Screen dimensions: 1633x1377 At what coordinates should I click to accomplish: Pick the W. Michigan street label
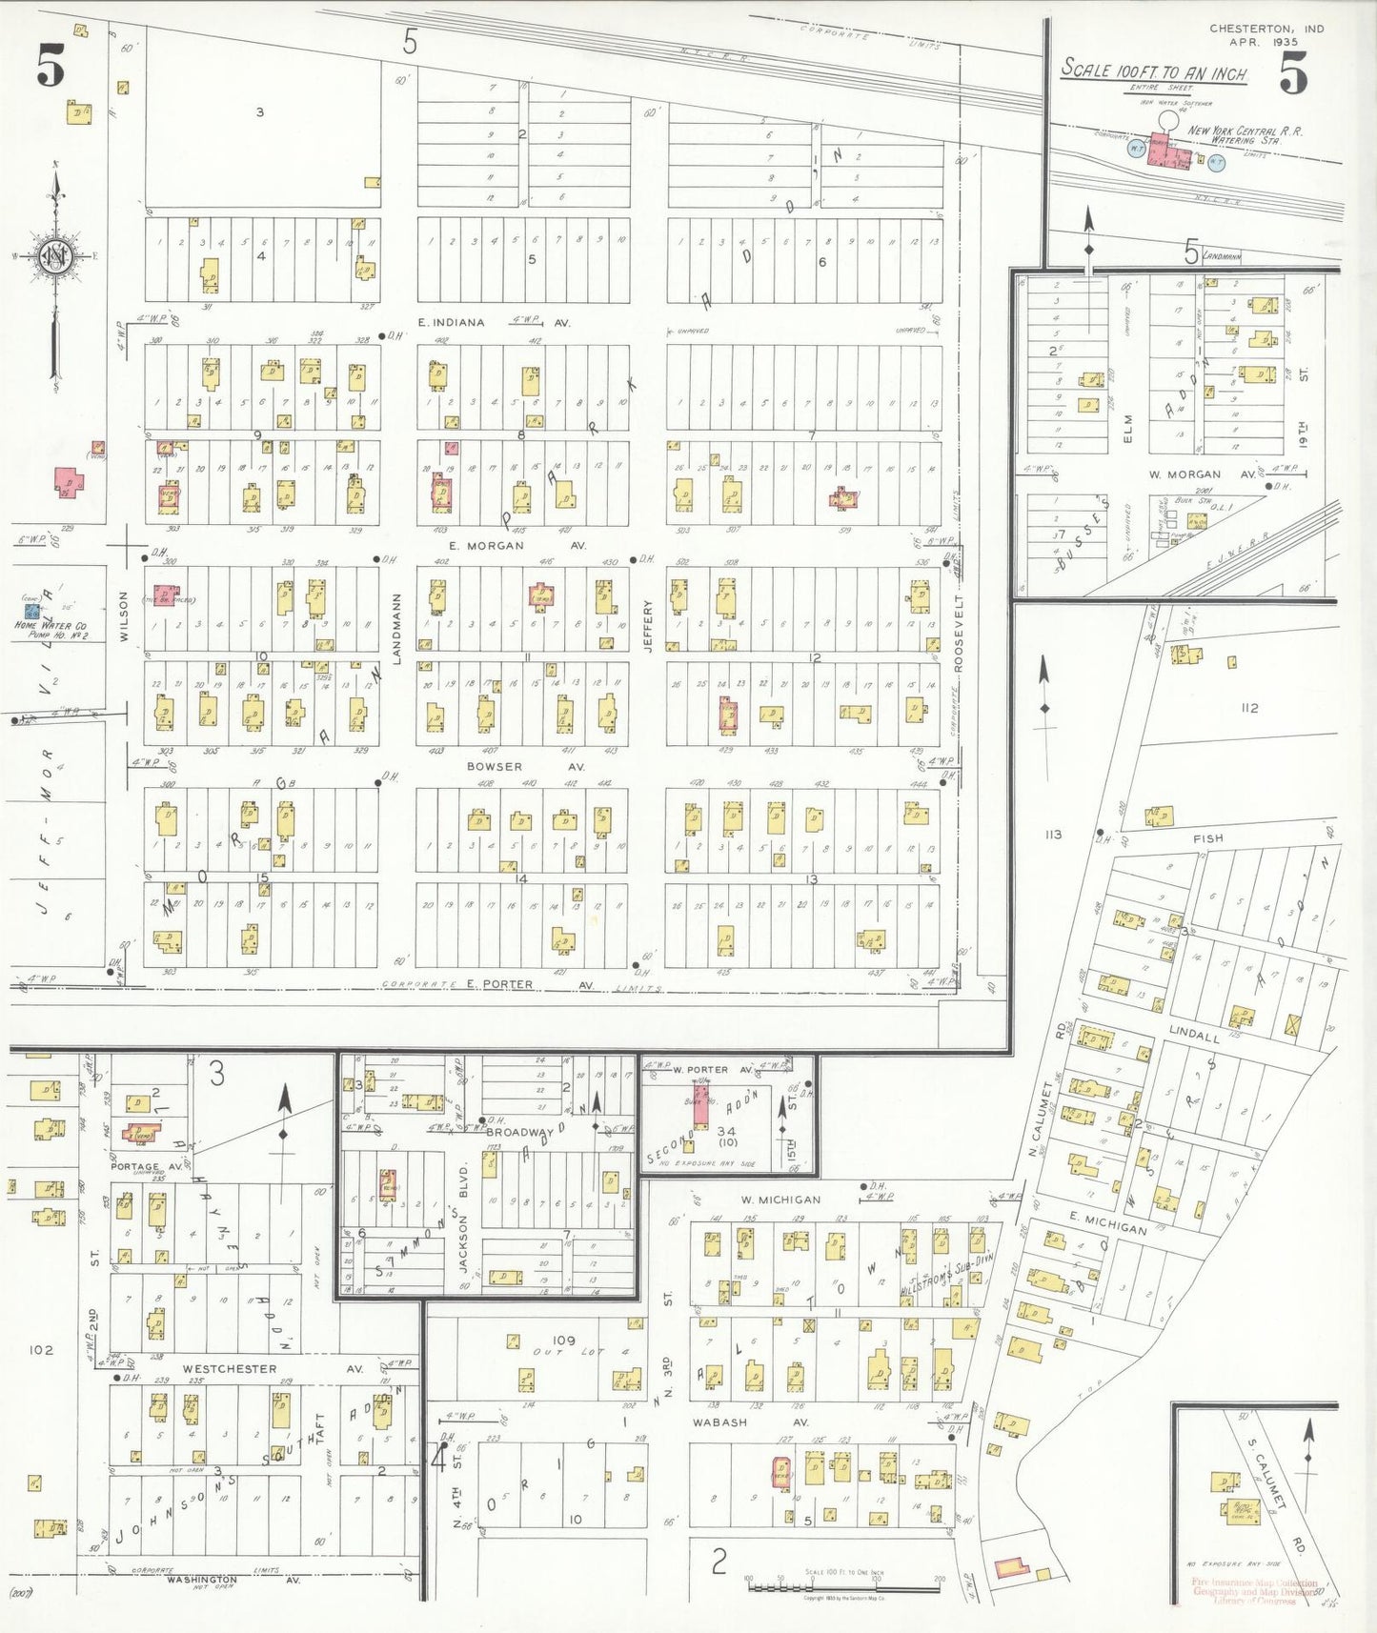(780, 1200)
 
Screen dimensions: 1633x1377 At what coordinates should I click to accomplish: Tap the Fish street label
(1207, 837)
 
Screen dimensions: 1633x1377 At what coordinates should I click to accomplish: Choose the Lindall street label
(1193, 1035)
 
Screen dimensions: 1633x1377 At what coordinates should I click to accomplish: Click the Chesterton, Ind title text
(1266, 29)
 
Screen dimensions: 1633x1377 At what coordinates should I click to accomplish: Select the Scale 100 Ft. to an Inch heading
(1154, 71)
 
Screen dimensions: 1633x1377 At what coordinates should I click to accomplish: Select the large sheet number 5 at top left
(51, 67)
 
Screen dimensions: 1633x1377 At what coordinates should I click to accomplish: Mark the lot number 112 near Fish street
(1249, 707)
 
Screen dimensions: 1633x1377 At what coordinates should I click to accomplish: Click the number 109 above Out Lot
(564, 1341)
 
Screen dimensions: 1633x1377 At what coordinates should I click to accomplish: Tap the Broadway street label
(519, 1132)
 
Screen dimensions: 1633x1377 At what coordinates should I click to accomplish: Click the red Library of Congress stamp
(1254, 1590)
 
